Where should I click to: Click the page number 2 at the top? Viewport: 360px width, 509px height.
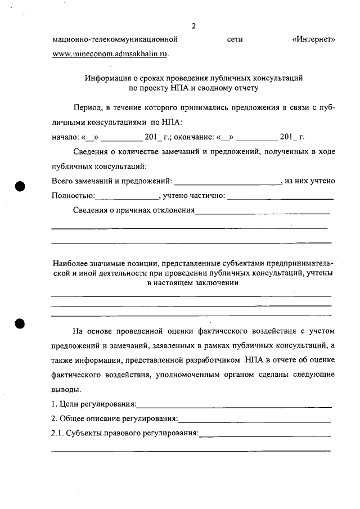pos(193,26)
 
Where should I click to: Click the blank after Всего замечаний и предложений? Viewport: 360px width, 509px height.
pos(228,182)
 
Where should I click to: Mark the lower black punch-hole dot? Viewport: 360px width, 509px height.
pos(22,323)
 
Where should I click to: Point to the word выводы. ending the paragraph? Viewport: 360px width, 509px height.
pos(66,390)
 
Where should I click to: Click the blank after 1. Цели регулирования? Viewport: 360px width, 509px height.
pos(234,405)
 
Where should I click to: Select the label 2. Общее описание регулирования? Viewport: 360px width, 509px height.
pos(115,420)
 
